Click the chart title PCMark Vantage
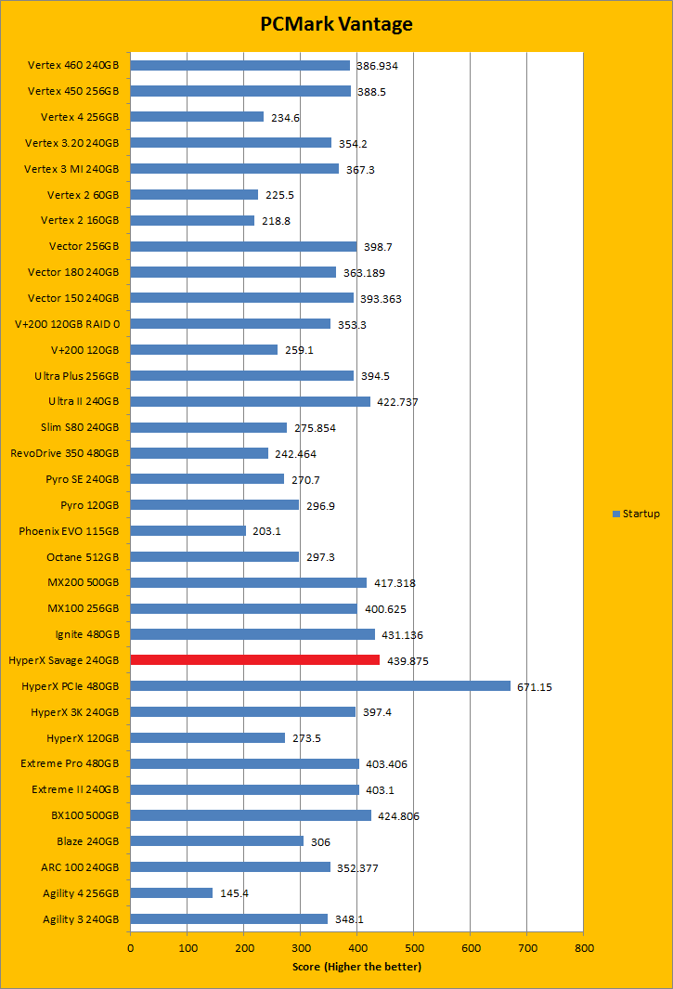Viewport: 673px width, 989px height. tap(336, 24)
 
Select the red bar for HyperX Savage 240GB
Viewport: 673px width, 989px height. tap(255, 659)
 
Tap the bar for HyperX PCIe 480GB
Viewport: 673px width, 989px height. tap(320, 685)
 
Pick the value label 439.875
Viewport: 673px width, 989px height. tap(408, 660)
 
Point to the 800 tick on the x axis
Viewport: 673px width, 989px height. tap(583, 948)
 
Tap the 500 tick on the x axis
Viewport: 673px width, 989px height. tap(413, 948)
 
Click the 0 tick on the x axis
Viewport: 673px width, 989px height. tap(130, 948)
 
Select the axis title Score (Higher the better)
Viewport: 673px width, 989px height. tap(356, 967)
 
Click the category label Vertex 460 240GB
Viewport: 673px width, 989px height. tap(73, 66)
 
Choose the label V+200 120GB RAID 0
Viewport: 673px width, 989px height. tap(67, 324)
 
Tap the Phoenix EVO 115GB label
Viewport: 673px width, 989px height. tap(69, 531)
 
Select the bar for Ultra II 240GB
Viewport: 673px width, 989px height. tap(251, 401)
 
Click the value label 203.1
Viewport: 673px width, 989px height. tap(267, 531)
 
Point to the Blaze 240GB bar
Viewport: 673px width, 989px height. tap(216, 840)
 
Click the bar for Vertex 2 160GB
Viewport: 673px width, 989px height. tap(192, 220)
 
